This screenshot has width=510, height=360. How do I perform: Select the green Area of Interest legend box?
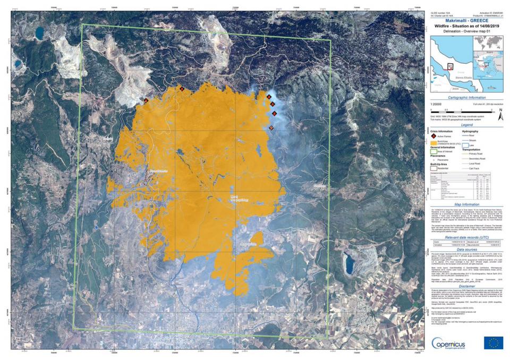click(433, 152)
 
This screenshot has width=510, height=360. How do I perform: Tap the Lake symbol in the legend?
click(465, 144)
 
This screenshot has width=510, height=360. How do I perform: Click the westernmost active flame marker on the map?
click(146, 100)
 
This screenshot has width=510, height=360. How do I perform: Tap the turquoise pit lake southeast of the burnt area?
click(349, 262)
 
